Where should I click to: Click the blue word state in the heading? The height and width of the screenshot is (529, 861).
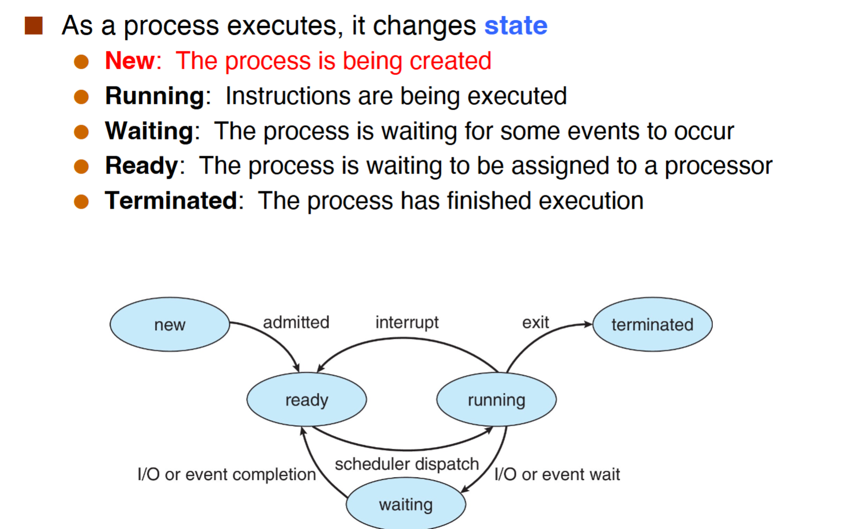[516, 26]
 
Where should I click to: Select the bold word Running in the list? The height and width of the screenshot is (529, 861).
[154, 96]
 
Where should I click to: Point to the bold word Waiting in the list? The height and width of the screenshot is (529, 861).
[149, 131]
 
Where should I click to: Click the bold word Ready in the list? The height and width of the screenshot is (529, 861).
[141, 166]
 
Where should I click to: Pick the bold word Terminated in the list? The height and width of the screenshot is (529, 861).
[171, 201]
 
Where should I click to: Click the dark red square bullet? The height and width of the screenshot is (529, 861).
[33, 26]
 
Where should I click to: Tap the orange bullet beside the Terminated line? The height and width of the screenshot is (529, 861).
[81, 202]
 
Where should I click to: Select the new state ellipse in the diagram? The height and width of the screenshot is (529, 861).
[170, 324]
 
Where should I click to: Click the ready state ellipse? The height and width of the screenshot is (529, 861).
[307, 399]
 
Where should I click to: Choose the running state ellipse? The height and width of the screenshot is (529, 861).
[496, 399]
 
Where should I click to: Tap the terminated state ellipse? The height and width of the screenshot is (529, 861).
[652, 324]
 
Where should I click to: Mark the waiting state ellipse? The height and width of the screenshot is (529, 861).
[406, 504]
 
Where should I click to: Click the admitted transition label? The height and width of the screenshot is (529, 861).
[296, 322]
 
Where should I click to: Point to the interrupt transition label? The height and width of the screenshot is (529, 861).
[407, 323]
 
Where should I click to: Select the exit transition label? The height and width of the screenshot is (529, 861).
[535, 322]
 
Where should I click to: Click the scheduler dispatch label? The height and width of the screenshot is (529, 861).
[407, 464]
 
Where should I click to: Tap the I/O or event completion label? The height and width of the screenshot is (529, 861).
[227, 475]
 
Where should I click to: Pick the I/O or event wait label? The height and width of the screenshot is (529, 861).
[557, 474]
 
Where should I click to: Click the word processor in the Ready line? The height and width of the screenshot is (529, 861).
[719, 167]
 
